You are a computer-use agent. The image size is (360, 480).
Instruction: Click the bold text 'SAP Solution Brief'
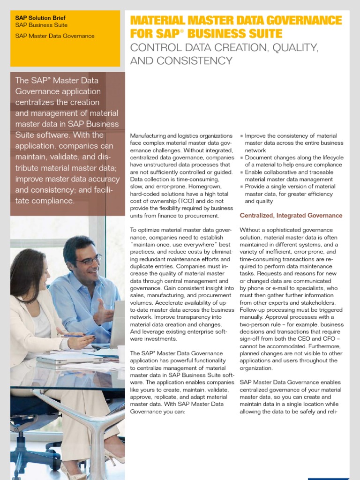40,18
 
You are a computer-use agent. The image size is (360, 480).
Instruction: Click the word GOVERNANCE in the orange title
298,21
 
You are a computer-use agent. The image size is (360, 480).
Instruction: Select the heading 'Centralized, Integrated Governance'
291,216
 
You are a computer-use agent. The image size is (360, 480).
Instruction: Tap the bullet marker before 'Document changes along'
241,158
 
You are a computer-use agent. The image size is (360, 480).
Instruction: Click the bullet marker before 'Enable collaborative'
241,172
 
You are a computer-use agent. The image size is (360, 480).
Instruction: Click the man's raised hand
103,311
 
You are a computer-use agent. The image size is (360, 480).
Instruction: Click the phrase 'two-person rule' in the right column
262,324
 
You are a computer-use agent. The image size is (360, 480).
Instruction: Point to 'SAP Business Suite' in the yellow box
41,25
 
